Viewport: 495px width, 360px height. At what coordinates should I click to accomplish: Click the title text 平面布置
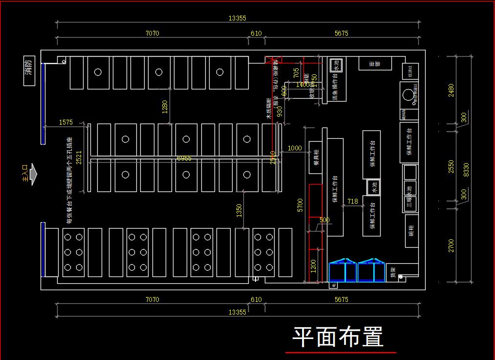[338, 337]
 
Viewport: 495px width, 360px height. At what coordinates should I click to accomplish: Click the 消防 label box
[29, 71]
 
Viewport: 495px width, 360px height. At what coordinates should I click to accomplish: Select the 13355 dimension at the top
[237, 19]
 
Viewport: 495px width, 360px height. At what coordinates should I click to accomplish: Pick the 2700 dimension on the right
[451, 246]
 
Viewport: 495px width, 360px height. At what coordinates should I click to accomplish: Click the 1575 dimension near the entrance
[65, 122]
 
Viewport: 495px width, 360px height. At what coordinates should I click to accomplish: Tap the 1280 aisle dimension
[165, 106]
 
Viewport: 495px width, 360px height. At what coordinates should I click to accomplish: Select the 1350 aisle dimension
[239, 211]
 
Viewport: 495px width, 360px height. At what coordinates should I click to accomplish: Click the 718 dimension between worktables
[352, 201]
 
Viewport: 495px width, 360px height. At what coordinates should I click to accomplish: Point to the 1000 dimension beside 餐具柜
[295, 148]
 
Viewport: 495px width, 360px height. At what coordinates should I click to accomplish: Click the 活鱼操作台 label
[335, 87]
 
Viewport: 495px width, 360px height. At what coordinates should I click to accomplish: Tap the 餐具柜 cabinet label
[316, 157]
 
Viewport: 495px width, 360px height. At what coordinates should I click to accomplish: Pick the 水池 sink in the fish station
[336, 64]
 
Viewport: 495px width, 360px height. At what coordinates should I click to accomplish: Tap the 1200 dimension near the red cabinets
[313, 265]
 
